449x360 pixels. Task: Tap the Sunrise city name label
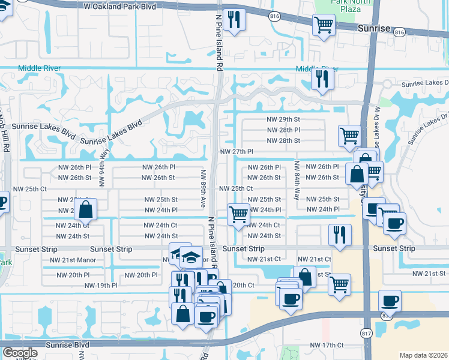click(374, 28)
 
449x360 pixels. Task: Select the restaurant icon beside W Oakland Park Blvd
click(234, 20)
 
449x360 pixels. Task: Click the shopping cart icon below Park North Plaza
click(324, 25)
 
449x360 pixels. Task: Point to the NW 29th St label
click(283, 119)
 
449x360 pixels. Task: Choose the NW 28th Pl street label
click(283, 130)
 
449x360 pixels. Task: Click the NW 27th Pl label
click(237, 152)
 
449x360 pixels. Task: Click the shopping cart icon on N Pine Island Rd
click(239, 214)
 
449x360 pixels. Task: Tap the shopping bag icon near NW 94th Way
click(86, 210)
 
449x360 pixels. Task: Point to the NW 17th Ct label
click(327, 345)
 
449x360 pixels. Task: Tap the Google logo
click(20, 353)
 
